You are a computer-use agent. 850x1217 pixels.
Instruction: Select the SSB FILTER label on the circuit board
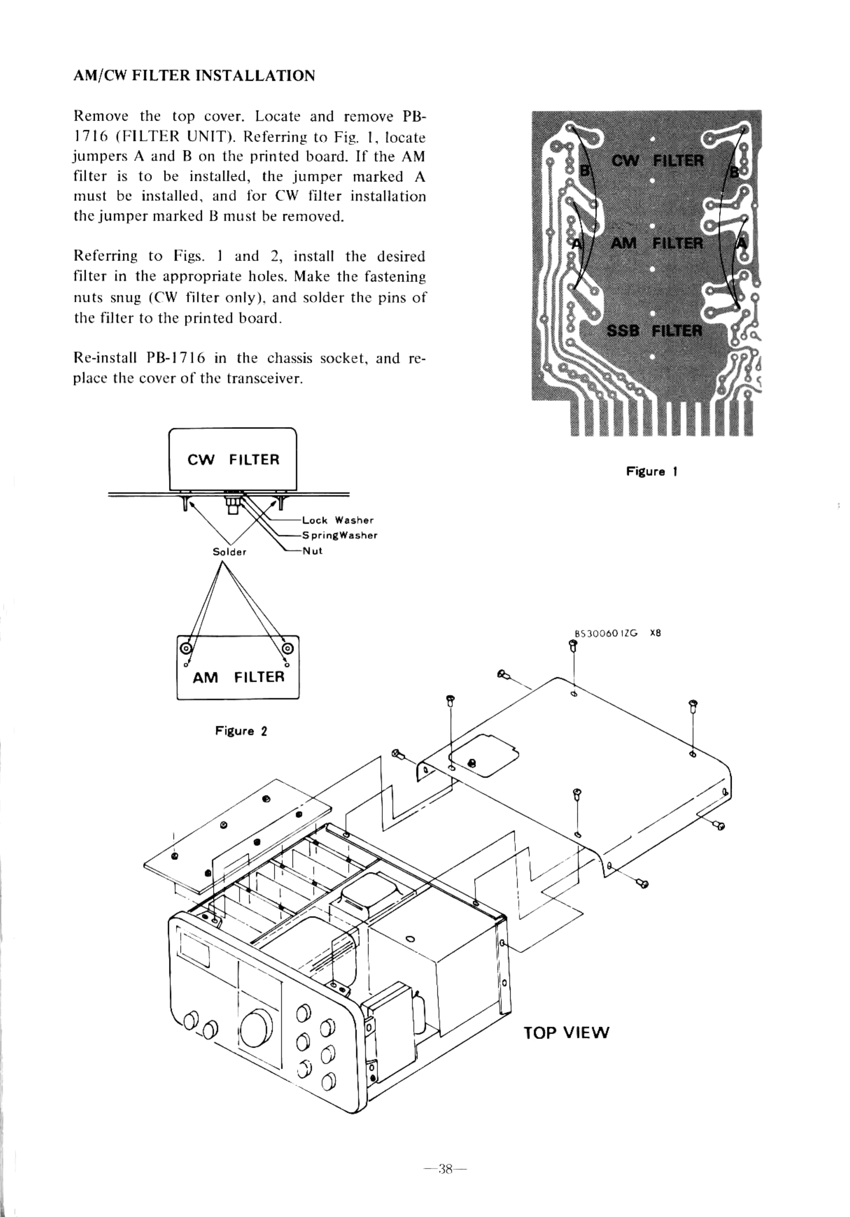pos(654,331)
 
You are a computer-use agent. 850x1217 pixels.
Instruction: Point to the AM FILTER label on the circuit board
pos(657,243)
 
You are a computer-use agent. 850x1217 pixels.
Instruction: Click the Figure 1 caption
pos(652,471)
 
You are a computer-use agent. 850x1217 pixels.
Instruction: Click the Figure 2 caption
pos(241,731)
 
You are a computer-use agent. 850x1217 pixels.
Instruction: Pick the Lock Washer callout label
pos(338,520)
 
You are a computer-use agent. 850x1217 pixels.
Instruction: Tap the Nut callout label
pos(312,551)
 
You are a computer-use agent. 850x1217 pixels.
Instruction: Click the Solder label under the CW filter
pos(229,552)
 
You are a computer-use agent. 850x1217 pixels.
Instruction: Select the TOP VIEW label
pos(566,1033)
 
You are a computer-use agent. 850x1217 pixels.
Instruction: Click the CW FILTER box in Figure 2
pos(233,459)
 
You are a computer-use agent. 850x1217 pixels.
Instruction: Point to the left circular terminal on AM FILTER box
pos(186,648)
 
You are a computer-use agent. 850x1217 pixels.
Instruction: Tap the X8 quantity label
pos(656,633)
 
